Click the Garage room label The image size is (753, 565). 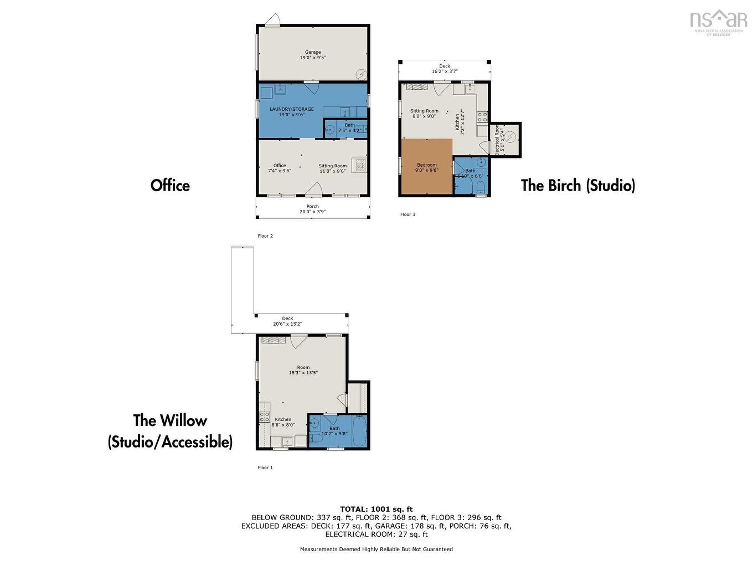tap(313, 55)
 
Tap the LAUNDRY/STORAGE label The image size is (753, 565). tap(291, 112)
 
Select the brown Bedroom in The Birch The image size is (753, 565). tap(426, 167)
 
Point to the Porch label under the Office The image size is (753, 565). tap(313, 209)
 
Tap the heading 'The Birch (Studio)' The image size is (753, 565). tap(577, 185)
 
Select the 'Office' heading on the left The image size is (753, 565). tap(170, 185)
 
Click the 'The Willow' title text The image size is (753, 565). tap(170, 420)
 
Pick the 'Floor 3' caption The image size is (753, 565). tap(408, 214)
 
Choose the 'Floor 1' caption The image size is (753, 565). tap(265, 468)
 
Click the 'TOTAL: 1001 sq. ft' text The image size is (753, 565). tap(376, 509)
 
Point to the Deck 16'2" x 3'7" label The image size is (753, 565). tap(445, 69)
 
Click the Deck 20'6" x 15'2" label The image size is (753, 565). tap(287, 321)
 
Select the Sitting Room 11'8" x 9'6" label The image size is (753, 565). tap(332, 168)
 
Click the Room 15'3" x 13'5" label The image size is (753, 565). tap(303, 370)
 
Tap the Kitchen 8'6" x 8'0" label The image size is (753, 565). tap(283, 422)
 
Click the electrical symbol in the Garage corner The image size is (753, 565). tap(361, 73)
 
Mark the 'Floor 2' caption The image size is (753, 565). tap(265, 236)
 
